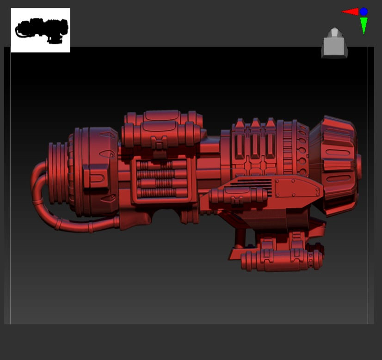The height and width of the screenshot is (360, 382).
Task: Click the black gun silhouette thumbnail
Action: pos(41,30)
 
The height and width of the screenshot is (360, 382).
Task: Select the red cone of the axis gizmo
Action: pos(351,12)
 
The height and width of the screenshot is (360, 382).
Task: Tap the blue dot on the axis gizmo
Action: pos(364,12)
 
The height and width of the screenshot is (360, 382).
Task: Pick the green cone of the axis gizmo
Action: pos(364,25)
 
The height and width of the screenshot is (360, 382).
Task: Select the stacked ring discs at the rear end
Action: pos(57,173)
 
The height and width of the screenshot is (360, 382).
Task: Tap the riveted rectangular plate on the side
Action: pos(296,188)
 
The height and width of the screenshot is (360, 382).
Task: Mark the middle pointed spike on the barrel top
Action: pos(255,123)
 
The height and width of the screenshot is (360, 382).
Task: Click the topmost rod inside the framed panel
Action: pos(158,165)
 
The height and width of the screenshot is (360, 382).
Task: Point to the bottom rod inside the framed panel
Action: pos(158,192)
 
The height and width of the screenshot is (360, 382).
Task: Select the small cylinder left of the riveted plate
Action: pos(238,196)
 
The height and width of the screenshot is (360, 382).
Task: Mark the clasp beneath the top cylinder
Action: pos(160,143)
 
